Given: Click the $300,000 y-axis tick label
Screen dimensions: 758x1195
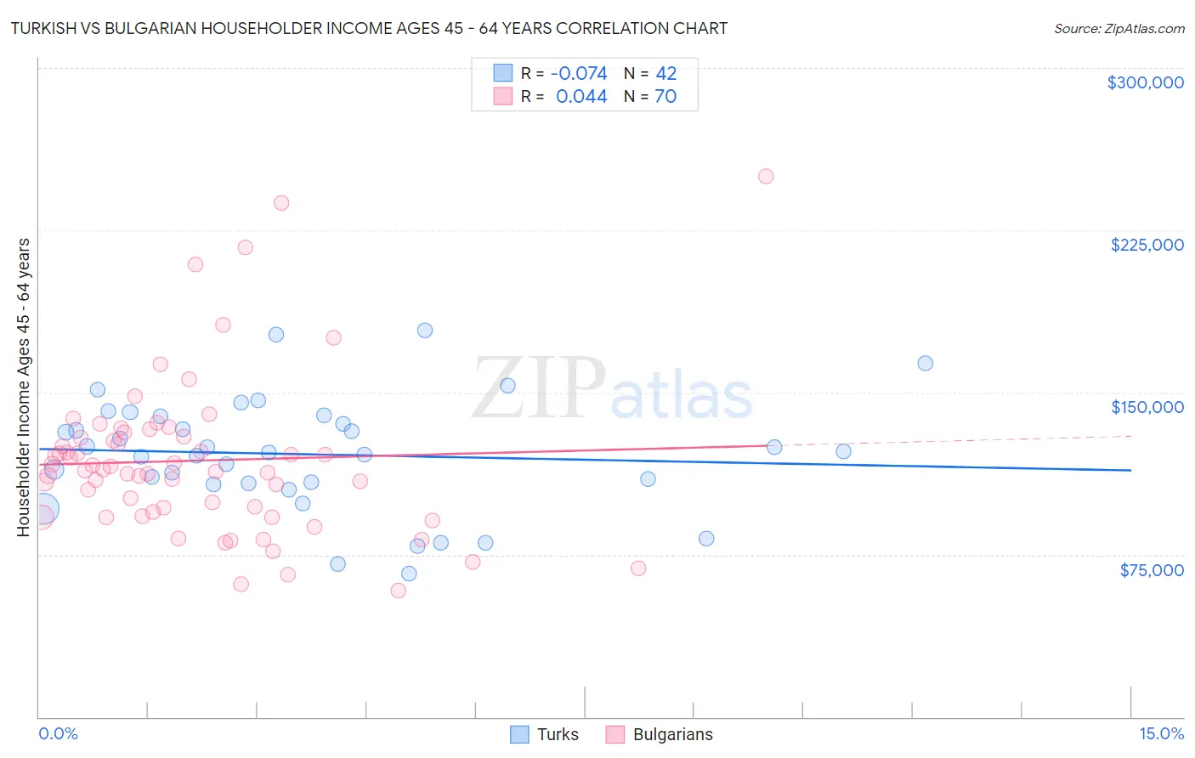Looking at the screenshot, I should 1145,82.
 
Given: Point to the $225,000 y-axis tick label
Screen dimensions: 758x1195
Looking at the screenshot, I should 1147,245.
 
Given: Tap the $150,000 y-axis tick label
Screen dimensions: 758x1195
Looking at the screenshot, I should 1147,407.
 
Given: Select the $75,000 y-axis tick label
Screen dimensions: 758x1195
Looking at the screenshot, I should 1151,570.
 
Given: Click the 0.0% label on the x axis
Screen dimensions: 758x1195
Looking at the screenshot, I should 58,733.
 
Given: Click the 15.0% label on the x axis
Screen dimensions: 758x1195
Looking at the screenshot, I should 1161,733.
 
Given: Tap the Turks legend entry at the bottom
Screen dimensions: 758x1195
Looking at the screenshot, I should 557,734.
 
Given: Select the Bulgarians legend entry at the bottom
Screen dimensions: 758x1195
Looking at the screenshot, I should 672,734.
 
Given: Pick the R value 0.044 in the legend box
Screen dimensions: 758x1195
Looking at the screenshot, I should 581,97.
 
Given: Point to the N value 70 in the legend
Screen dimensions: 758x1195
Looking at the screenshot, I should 665,97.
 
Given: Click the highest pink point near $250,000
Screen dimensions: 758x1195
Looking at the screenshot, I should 766,177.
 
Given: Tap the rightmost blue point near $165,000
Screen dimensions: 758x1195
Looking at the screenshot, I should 926,364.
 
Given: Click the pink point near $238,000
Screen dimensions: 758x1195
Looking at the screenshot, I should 281,203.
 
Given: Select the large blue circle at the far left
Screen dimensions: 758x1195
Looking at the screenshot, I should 42,509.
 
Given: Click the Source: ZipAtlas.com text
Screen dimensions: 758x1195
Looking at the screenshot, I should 1119,29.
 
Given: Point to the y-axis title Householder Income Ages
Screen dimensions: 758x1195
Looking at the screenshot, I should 23,387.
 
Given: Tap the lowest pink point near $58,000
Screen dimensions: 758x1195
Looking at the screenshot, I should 398,591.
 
